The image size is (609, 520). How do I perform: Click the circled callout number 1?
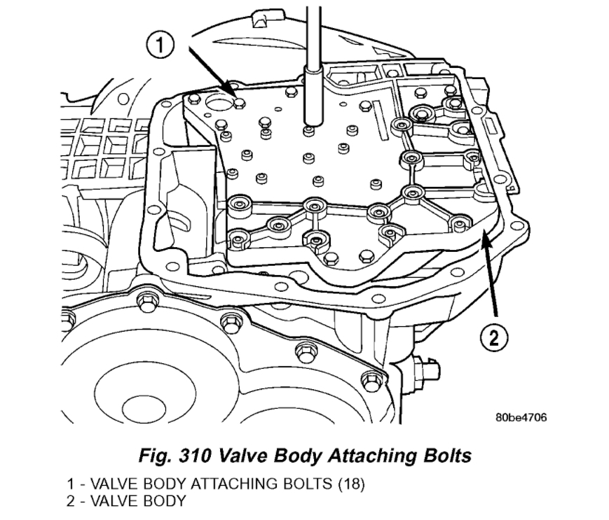coord(160,46)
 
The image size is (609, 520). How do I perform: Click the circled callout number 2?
coord(494,339)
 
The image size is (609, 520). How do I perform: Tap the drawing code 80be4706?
coord(520,418)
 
